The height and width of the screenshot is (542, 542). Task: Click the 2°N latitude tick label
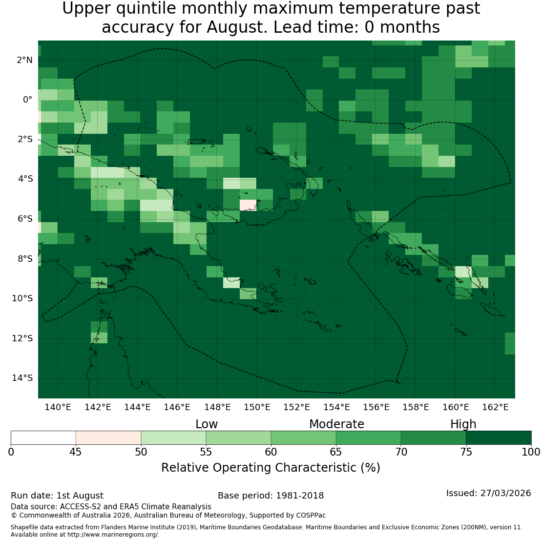[24, 60]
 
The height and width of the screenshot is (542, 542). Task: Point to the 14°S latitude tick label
[22, 378]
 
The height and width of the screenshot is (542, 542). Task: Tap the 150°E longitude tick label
[257, 407]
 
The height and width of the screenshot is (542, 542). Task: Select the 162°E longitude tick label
[495, 407]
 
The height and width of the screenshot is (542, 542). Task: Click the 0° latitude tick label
[28, 100]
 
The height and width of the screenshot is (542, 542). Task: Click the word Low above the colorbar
[207, 424]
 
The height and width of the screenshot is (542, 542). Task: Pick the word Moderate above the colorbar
[336, 424]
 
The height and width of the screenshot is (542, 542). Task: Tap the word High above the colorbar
[463, 424]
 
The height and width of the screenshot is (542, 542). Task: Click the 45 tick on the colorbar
[76, 452]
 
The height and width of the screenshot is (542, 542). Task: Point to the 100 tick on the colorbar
[531, 452]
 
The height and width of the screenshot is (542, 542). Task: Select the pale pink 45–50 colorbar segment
[108, 438]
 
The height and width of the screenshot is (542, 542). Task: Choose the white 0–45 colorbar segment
[43, 438]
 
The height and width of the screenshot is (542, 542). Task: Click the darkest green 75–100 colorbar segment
[499, 438]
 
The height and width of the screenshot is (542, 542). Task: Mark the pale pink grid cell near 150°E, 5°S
[248, 205]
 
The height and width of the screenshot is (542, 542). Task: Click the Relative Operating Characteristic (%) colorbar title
[271, 468]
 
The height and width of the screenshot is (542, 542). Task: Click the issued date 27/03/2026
[505, 493]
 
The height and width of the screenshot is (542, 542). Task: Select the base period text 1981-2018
[300, 496]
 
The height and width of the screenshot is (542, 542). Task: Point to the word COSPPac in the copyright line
[311, 515]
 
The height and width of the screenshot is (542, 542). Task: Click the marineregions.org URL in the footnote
[112, 535]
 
